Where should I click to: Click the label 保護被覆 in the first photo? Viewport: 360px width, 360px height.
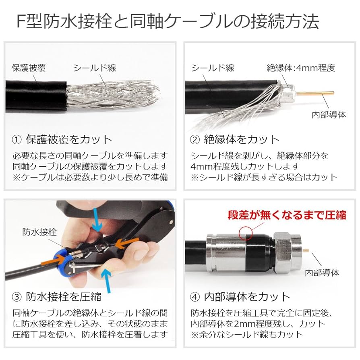(x=28, y=68)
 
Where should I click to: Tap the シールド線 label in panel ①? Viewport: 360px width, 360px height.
(x=94, y=68)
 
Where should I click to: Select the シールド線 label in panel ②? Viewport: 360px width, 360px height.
(x=213, y=68)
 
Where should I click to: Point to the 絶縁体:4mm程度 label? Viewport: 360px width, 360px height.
(x=301, y=68)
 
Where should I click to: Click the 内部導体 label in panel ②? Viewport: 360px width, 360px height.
(x=329, y=114)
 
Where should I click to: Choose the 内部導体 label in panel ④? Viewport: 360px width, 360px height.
(x=323, y=273)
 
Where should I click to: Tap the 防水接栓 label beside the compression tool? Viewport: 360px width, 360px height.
(x=39, y=232)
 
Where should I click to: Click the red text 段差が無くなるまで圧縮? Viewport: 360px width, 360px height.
(x=287, y=215)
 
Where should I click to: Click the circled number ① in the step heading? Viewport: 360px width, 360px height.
(x=17, y=140)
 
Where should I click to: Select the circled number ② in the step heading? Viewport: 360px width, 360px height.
(x=195, y=140)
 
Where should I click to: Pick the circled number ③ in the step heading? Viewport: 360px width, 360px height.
(x=17, y=297)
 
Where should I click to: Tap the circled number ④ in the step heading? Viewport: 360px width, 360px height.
(x=195, y=297)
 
